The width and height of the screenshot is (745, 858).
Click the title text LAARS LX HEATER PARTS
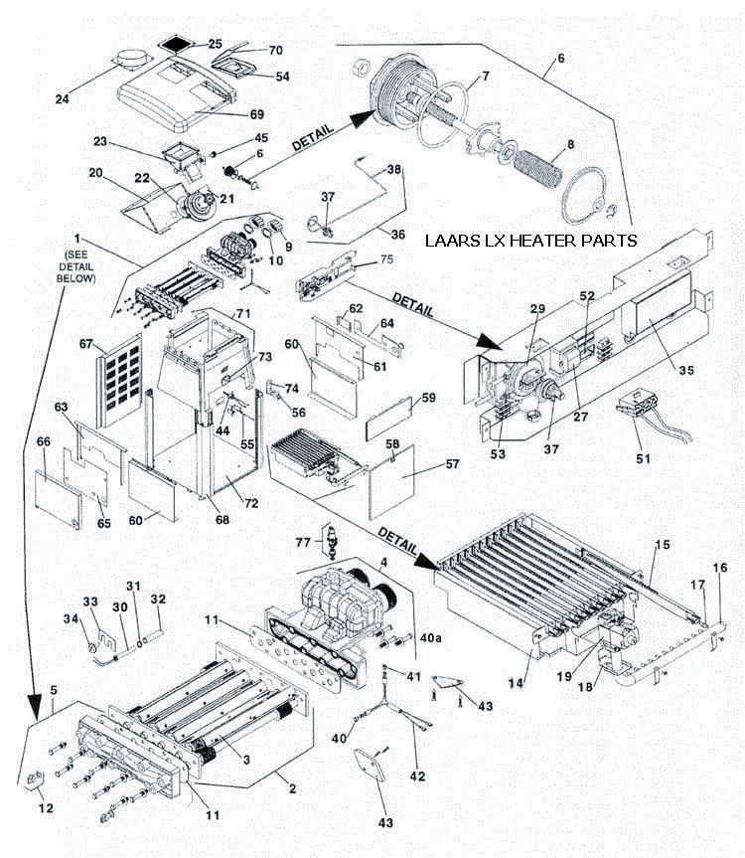[x=529, y=241]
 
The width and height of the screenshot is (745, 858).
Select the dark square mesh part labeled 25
[x=176, y=47]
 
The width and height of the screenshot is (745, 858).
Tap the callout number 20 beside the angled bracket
[x=95, y=172]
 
